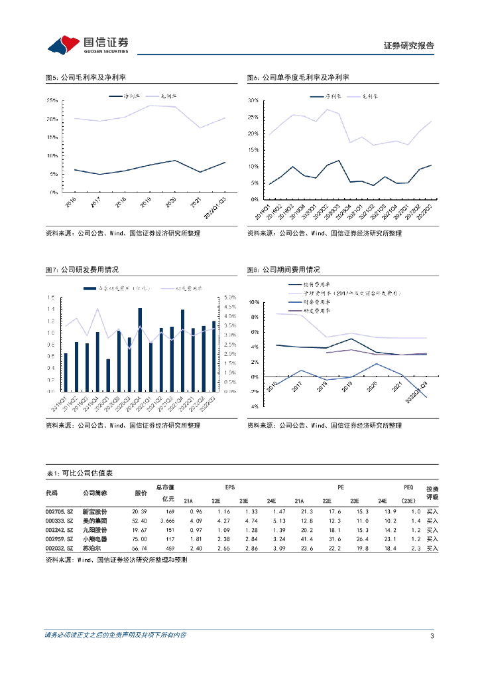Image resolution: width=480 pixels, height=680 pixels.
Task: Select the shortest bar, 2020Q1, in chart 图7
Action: click(108, 375)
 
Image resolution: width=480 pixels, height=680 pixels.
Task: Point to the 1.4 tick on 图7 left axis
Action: click(51, 309)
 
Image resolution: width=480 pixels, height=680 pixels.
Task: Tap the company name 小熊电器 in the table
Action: click(94, 540)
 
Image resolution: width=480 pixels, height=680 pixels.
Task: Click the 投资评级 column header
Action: click(432, 492)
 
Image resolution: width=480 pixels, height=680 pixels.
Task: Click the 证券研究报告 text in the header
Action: click(409, 46)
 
